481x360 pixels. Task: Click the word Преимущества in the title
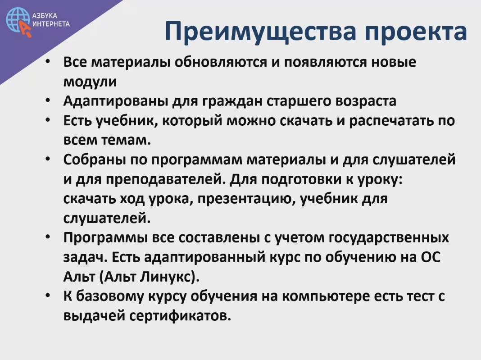pyautogui.click(x=260, y=32)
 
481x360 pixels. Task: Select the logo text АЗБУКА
pyautogui.click(x=45, y=16)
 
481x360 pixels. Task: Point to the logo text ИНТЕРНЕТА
pyautogui.click(x=51, y=24)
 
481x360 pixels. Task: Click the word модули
pyautogui.click(x=90, y=82)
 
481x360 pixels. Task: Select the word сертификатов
pyautogui.click(x=180, y=316)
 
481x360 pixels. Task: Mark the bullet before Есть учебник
pyautogui.click(x=48, y=120)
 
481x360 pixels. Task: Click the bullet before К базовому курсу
pyautogui.click(x=48, y=295)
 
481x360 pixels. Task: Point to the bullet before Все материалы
pyautogui.click(x=48, y=61)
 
